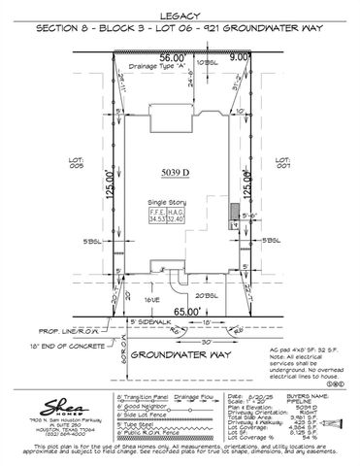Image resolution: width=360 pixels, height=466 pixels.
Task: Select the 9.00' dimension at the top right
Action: click(x=237, y=57)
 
